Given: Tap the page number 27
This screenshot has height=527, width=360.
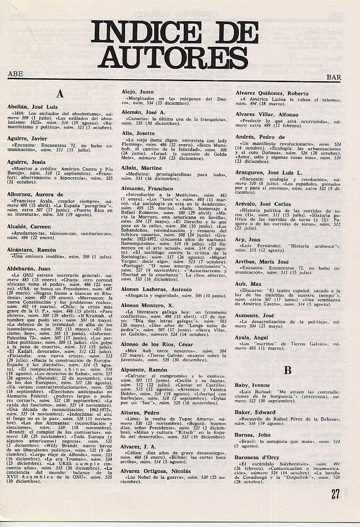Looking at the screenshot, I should pos(335,494).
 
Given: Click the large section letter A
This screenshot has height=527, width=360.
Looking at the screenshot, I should pos(60,93).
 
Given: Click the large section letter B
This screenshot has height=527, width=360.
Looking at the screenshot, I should pos(288,370).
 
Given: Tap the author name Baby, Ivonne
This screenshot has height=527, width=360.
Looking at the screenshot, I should pos(253,385).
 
